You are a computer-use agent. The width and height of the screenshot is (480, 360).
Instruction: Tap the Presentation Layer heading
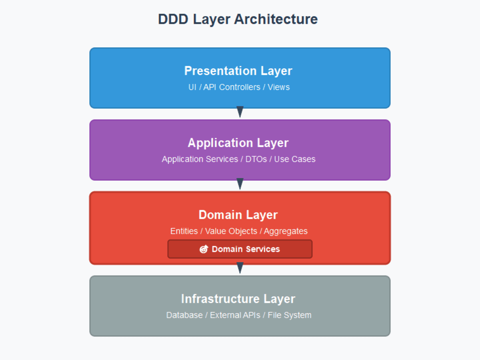pyautogui.click(x=238, y=71)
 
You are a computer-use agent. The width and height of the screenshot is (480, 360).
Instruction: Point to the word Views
pyautogui.click(x=279, y=87)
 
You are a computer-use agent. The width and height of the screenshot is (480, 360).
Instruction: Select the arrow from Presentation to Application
pyautogui.click(x=240, y=112)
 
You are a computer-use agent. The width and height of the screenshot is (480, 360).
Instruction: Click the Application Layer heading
pyautogui.click(x=238, y=143)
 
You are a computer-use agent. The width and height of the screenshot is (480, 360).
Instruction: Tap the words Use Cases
pyautogui.click(x=295, y=159)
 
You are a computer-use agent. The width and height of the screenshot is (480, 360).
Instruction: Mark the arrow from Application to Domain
pyautogui.click(x=240, y=184)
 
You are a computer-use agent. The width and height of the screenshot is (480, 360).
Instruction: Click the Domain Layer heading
pyautogui.click(x=238, y=215)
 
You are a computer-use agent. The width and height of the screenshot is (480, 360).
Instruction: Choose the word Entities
pyautogui.click(x=184, y=231)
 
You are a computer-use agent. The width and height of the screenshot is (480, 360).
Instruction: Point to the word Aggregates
pyautogui.click(x=286, y=231)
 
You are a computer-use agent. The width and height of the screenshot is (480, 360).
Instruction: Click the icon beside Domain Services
pyautogui.click(x=204, y=249)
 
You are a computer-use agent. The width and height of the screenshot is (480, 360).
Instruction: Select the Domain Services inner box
pyautogui.click(x=256, y=249)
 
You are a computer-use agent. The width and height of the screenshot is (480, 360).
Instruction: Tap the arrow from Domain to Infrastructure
pyautogui.click(x=240, y=268)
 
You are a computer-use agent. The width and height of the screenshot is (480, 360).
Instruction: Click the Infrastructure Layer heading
pyautogui.click(x=238, y=299)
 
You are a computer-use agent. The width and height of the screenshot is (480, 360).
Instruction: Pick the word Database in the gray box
pyautogui.click(x=184, y=315)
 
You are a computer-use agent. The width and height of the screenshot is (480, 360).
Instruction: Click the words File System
pyautogui.click(x=290, y=315)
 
